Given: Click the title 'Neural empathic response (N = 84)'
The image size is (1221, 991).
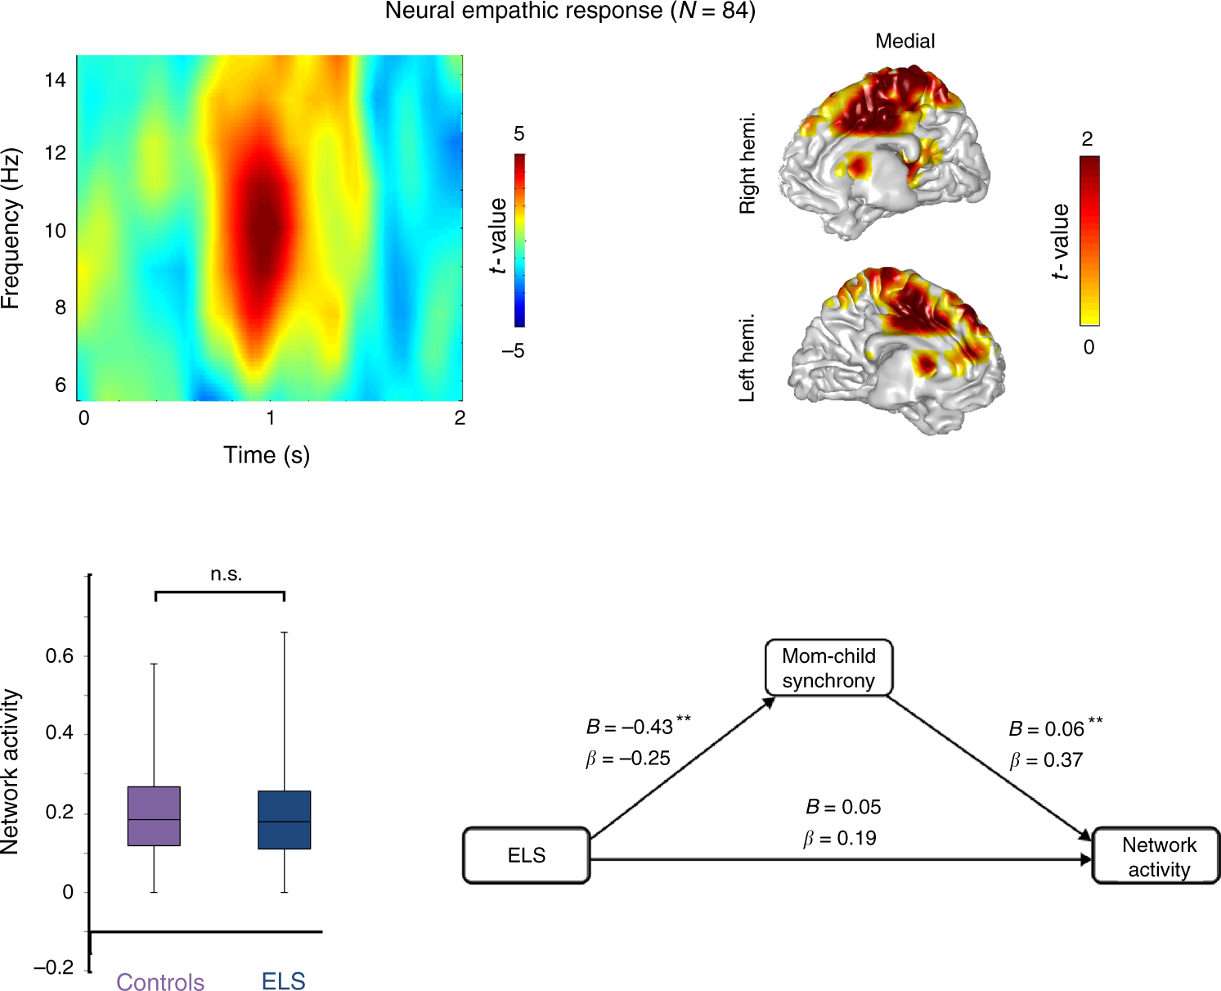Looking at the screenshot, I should [570, 11].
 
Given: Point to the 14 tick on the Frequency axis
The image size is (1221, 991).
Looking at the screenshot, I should [56, 80].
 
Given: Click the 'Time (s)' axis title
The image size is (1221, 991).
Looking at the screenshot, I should [267, 455].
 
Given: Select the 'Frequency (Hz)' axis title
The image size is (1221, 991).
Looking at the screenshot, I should [11, 228].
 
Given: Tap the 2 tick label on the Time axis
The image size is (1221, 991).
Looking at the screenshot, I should [460, 418].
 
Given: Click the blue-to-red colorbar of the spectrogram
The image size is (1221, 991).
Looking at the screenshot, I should [519, 241].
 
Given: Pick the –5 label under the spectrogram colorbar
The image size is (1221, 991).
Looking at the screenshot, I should [514, 351].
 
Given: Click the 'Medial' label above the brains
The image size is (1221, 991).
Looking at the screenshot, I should [905, 41].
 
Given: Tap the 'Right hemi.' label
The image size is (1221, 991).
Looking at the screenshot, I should [747, 164].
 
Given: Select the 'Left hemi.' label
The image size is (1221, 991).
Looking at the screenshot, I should [747, 358].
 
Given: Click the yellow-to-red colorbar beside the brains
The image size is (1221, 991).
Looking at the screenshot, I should [1089, 241].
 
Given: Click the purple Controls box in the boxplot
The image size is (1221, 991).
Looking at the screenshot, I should [154, 816].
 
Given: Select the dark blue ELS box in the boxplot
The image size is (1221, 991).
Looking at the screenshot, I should [284, 819].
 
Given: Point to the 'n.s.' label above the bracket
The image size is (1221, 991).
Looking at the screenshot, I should [227, 574].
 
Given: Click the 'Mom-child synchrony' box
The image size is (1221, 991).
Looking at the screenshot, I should [828, 668].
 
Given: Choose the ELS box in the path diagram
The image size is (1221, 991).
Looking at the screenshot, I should [526, 856].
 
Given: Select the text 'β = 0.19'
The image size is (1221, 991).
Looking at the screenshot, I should [840, 839].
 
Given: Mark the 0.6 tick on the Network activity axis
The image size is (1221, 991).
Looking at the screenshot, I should [60, 656].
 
